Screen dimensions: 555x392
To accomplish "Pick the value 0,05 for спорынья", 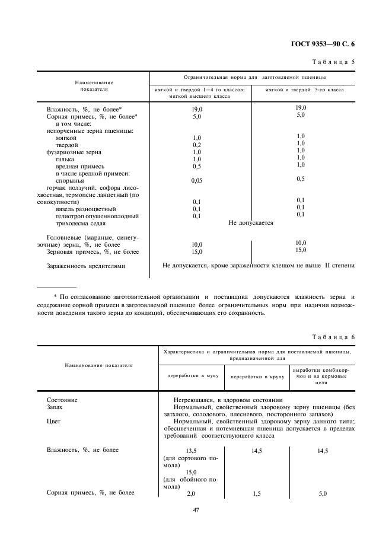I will (x=197, y=180).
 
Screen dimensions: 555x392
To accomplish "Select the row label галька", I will (x=65, y=159).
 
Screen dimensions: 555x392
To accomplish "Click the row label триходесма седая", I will (x=81, y=224).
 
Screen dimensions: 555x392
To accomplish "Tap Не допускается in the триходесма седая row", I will (x=251, y=223).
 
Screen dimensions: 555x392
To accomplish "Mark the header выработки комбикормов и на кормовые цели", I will (x=321, y=377).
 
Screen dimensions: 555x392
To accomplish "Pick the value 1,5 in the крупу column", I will (x=256, y=493).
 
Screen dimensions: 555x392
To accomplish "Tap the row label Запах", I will (x=55, y=408).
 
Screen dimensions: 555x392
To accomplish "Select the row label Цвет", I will (x=53, y=422).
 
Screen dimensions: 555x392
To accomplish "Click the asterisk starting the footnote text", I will (x=56, y=296).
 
